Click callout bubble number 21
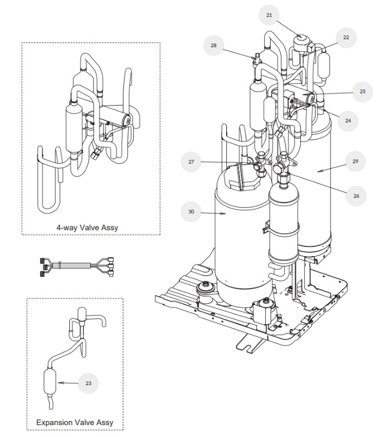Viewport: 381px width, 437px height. pos(269,16)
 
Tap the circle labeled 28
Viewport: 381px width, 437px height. pos(213,46)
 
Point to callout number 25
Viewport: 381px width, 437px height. pos(362,92)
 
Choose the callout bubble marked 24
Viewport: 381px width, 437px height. pos(348,121)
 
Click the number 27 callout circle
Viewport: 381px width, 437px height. pos(191,161)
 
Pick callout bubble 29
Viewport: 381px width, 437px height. pos(355,161)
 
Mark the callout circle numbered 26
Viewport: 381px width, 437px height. pos(355,195)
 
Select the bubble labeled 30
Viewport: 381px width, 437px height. pos(191,212)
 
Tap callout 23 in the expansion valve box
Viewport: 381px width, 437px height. pos(88,383)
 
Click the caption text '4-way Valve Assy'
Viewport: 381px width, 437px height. pos(87,228)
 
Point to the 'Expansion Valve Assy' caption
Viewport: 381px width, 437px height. pos(75,422)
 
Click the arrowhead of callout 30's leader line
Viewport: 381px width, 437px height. pos(226,214)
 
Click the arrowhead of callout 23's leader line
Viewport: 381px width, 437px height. pos(58,383)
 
